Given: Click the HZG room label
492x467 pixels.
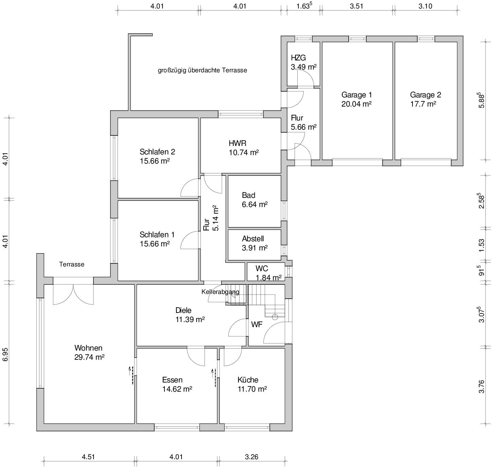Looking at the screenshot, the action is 298,58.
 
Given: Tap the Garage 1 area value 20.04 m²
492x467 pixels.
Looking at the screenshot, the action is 356,104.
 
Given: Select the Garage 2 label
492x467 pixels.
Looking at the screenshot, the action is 425,95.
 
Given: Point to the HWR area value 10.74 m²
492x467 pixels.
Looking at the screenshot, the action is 244,152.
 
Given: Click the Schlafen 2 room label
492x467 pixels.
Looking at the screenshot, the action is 157,151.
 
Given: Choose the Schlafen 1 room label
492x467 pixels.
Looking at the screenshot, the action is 157,235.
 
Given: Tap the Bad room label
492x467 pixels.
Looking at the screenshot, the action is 248,195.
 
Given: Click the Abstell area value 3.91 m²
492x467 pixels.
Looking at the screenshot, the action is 255,248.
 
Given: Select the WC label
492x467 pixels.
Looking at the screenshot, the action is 262,268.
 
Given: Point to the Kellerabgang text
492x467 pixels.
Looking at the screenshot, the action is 220,292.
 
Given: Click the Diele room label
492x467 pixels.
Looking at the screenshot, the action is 183,310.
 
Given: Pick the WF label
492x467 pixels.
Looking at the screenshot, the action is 257,324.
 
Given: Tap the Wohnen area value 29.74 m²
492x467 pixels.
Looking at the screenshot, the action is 89,357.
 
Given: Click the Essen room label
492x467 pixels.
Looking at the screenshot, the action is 172,380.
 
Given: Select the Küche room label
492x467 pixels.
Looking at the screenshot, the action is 248,380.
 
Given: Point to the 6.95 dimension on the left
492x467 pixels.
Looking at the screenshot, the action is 5,355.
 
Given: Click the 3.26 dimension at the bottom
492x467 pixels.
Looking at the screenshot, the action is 251,457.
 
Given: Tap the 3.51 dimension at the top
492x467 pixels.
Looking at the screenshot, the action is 356,6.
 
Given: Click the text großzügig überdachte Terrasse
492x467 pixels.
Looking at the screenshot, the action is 203,70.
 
